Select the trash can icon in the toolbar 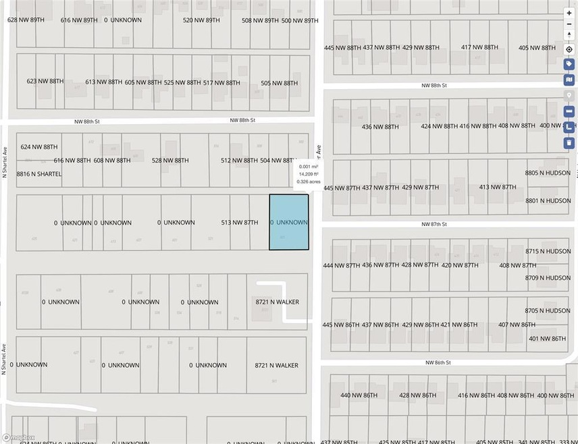(569, 142)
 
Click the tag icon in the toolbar (569, 64)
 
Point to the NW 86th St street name (438, 362)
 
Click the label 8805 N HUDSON (548, 173)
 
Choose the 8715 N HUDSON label (548, 251)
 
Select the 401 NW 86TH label (547, 338)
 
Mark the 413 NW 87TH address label (498, 187)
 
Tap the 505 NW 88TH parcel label (279, 83)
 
